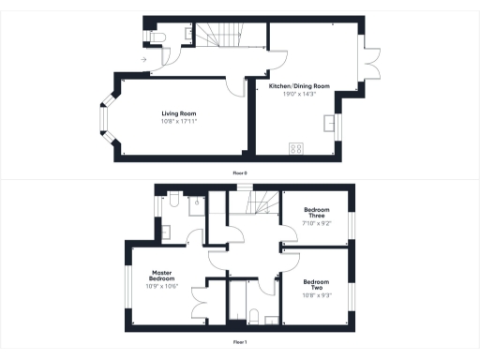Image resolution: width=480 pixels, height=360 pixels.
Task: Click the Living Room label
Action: tap(177, 113)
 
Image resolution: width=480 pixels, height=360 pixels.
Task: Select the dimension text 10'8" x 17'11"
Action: tap(177, 121)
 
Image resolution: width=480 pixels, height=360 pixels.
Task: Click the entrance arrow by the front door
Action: tap(142, 60)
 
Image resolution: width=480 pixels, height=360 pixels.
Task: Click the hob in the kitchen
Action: tap(296, 147)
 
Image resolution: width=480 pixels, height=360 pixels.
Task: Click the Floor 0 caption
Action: tap(240, 172)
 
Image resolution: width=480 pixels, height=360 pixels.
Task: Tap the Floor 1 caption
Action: tap(240, 343)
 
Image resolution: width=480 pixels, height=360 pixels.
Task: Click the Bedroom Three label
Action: tap(318, 213)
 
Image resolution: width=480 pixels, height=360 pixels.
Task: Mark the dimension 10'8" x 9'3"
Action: tap(315, 294)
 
